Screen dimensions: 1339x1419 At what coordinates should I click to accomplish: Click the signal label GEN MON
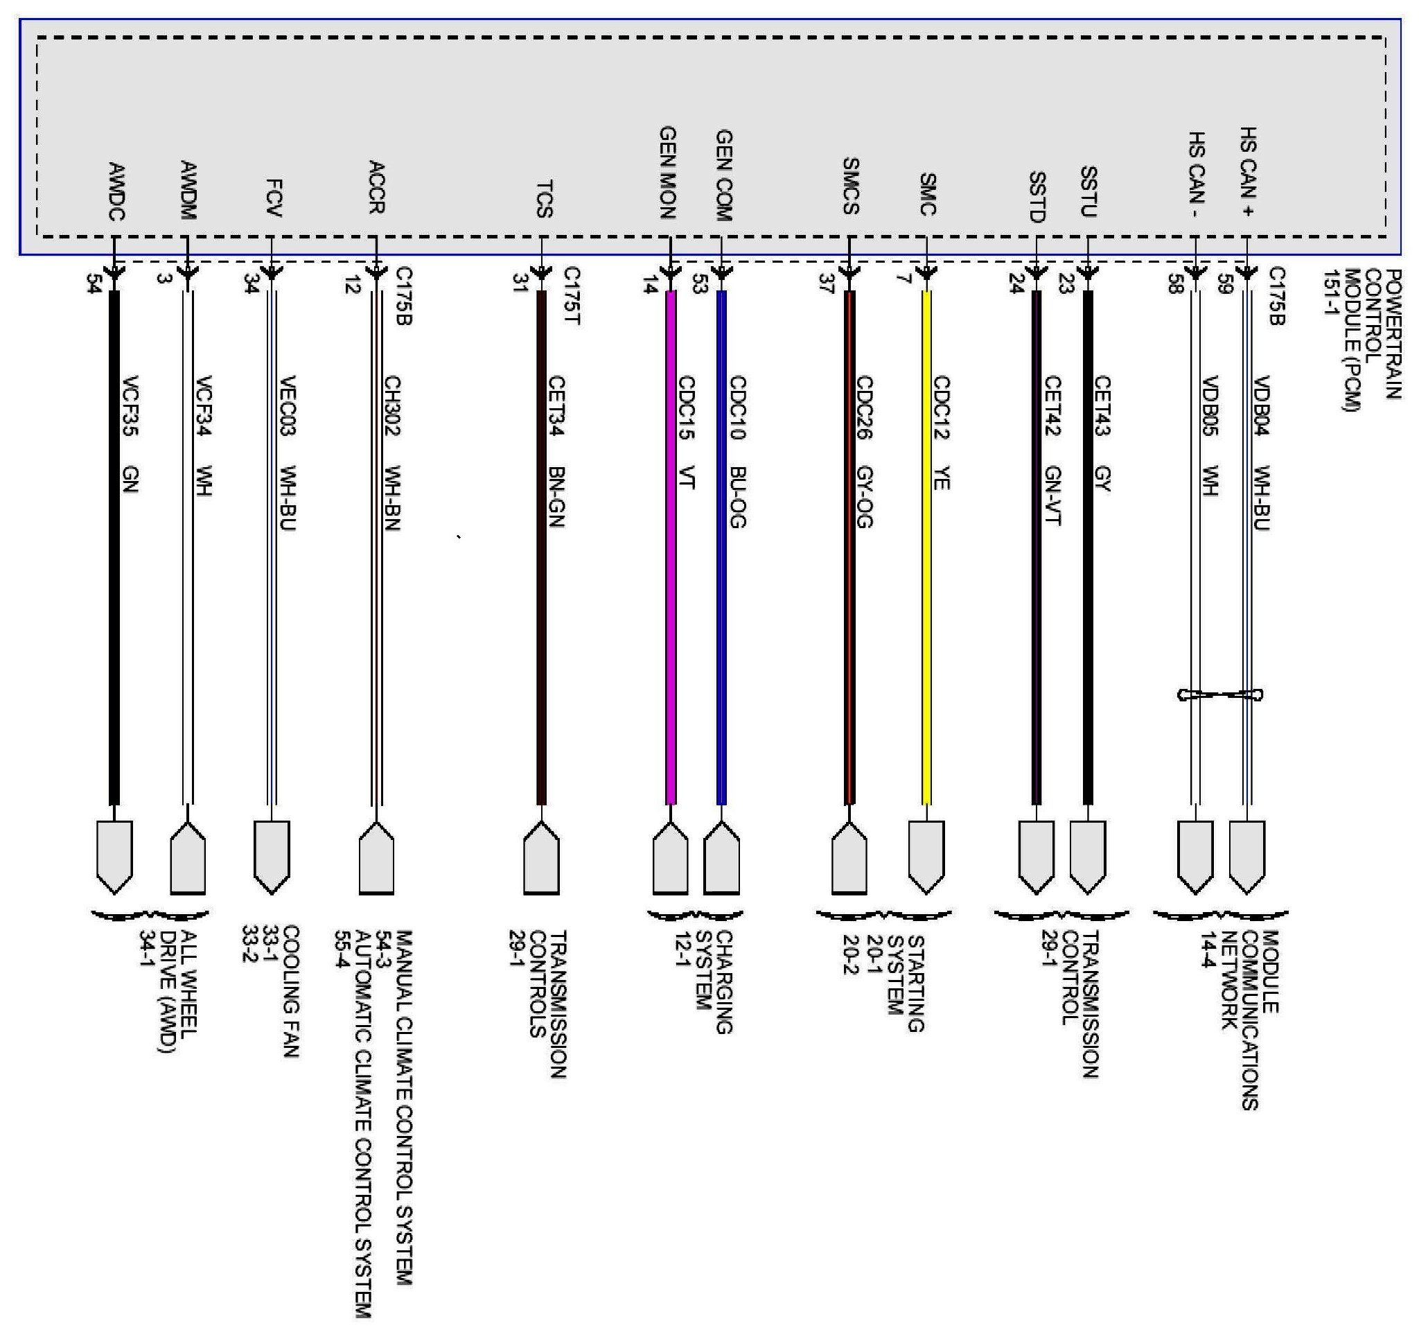pos(667,172)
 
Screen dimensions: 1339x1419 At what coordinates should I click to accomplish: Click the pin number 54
pos(93,283)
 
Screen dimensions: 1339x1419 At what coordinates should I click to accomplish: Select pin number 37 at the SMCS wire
pos(827,283)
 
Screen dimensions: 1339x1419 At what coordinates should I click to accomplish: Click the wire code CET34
pos(557,405)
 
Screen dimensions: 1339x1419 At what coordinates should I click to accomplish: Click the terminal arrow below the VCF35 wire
pos(114,857)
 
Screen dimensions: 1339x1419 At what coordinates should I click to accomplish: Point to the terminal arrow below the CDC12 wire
pos(926,857)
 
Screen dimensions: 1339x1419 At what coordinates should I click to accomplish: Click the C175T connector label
pos(572,296)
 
